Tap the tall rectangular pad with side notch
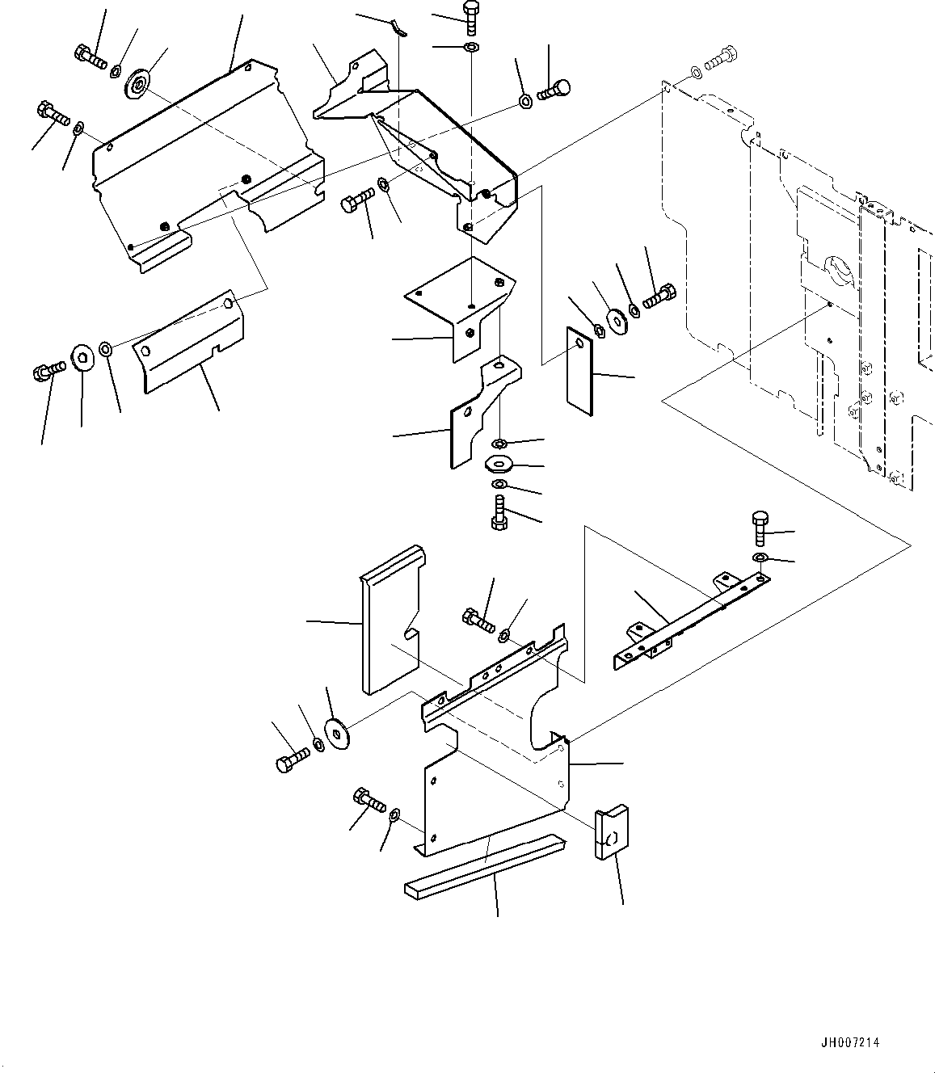(390, 618)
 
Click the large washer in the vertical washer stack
(500, 465)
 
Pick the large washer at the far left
(82, 357)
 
